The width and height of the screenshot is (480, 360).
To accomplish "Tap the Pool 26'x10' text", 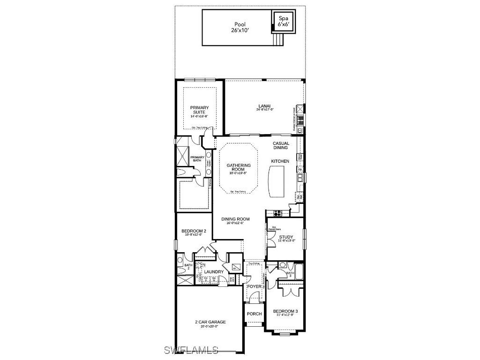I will tap(240, 27).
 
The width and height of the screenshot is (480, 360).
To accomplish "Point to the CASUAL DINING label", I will tap(281, 145).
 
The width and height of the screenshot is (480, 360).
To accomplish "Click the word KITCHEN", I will tap(280, 161).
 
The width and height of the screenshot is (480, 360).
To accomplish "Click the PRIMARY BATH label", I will tap(197, 159).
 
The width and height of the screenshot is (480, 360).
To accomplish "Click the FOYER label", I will tap(254, 286).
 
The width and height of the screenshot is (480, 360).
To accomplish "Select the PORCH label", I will tap(254, 314).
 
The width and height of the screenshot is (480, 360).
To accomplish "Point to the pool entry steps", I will tap(278, 39).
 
